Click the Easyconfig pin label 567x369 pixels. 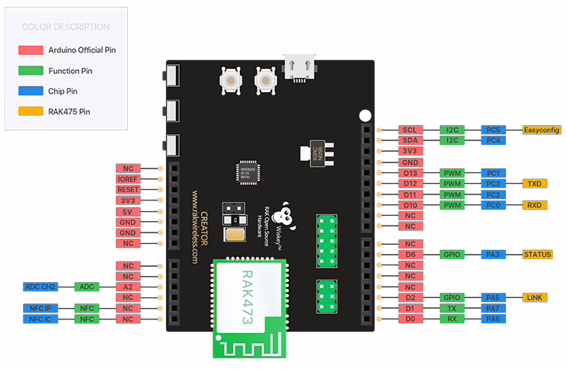pyautogui.click(x=541, y=130)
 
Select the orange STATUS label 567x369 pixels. pyautogui.click(x=537, y=254)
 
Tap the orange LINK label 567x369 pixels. pyautogui.click(x=537, y=297)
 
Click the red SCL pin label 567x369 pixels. pyautogui.click(x=409, y=130)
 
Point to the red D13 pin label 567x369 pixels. pyautogui.click(x=409, y=173)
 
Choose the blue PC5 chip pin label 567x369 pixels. pyautogui.click(x=493, y=130)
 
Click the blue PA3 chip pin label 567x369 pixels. pyautogui.click(x=493, y=254)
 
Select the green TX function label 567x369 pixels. pyautogui.click(x=452, y=308)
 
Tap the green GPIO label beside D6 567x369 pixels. pyautogui.click(x=452, y=254)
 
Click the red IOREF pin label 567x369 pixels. pyautogui.click(x=127, y=178)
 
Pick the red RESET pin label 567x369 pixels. pyautogui.click(x=127, y=189)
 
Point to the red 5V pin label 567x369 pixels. pyautogui.click(x=127, y=211)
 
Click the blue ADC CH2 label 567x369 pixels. pyautogui.click(x=40, y=287)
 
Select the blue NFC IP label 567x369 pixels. pyautogui.click(x=40, y=308)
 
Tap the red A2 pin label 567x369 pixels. pyautogui.click(x=127, y=287)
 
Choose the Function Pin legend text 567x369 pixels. pyautogui.click(x=70, y=70)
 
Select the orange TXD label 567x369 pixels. pyautogui.click(x=537, y=184)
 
